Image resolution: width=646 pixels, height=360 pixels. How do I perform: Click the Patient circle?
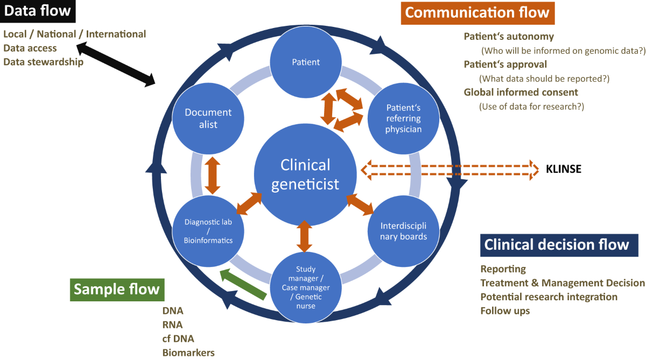[306, 62]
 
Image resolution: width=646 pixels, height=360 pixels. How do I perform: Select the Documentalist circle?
[208, 119]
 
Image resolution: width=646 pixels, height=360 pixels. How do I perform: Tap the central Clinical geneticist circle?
[305, 174]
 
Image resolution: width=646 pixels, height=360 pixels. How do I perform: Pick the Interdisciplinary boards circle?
[404, 231]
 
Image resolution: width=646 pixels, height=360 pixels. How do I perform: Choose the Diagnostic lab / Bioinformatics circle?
[208, 231]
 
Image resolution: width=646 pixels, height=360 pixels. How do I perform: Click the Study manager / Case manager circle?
[305, 288]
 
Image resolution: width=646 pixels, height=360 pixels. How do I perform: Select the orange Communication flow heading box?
[477, 13]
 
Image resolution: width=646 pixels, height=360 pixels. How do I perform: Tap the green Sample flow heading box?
[117, 289]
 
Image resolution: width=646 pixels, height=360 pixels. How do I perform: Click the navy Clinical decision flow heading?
[557, 245]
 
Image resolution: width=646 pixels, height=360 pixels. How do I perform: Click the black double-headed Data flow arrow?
[116, 65]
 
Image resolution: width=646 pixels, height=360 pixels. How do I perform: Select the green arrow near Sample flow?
[244, 283]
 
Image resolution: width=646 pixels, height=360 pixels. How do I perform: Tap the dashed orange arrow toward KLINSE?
[449, 170]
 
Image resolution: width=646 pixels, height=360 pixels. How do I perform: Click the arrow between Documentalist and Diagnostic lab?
[213, 175]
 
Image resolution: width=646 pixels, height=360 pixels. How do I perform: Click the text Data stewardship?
[44, 62]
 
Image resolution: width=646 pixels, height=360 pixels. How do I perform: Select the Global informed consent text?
[521, 92]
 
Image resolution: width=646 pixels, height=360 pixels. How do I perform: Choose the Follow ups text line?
[505, 310]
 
